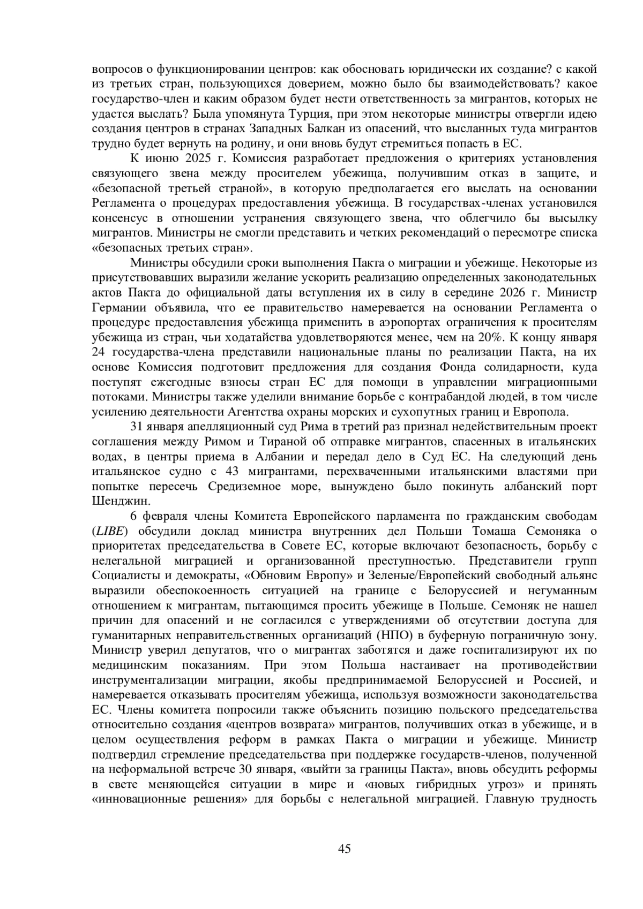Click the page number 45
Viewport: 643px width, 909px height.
point(345,849)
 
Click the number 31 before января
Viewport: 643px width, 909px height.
point(137,427)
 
